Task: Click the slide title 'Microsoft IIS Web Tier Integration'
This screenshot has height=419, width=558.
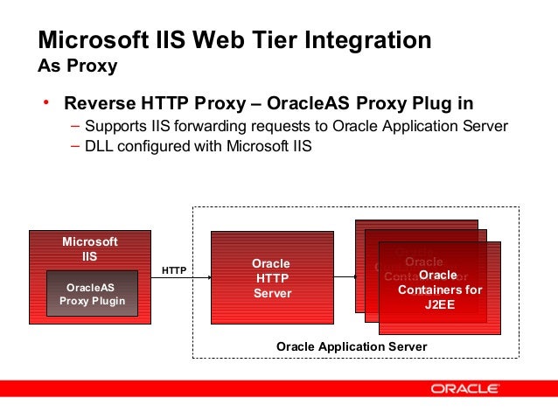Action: pos(234,40)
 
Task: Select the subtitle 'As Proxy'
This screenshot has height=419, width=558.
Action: pos(78,66)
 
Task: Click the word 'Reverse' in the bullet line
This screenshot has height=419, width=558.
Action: pos(98,105)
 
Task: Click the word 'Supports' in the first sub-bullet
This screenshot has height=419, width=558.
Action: pos(115,126)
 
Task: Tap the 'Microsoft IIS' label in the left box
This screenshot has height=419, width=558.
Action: pos(89,248)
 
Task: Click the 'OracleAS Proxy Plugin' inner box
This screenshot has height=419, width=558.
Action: pos(92,294)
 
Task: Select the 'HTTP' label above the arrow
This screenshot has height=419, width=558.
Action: pos(174,270)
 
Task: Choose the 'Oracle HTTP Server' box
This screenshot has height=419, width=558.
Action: pos(271,277)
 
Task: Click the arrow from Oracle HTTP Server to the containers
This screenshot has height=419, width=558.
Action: pos(345,277)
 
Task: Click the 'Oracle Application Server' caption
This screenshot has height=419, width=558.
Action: pos(352,346)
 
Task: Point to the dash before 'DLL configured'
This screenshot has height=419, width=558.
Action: pos(75,146)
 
